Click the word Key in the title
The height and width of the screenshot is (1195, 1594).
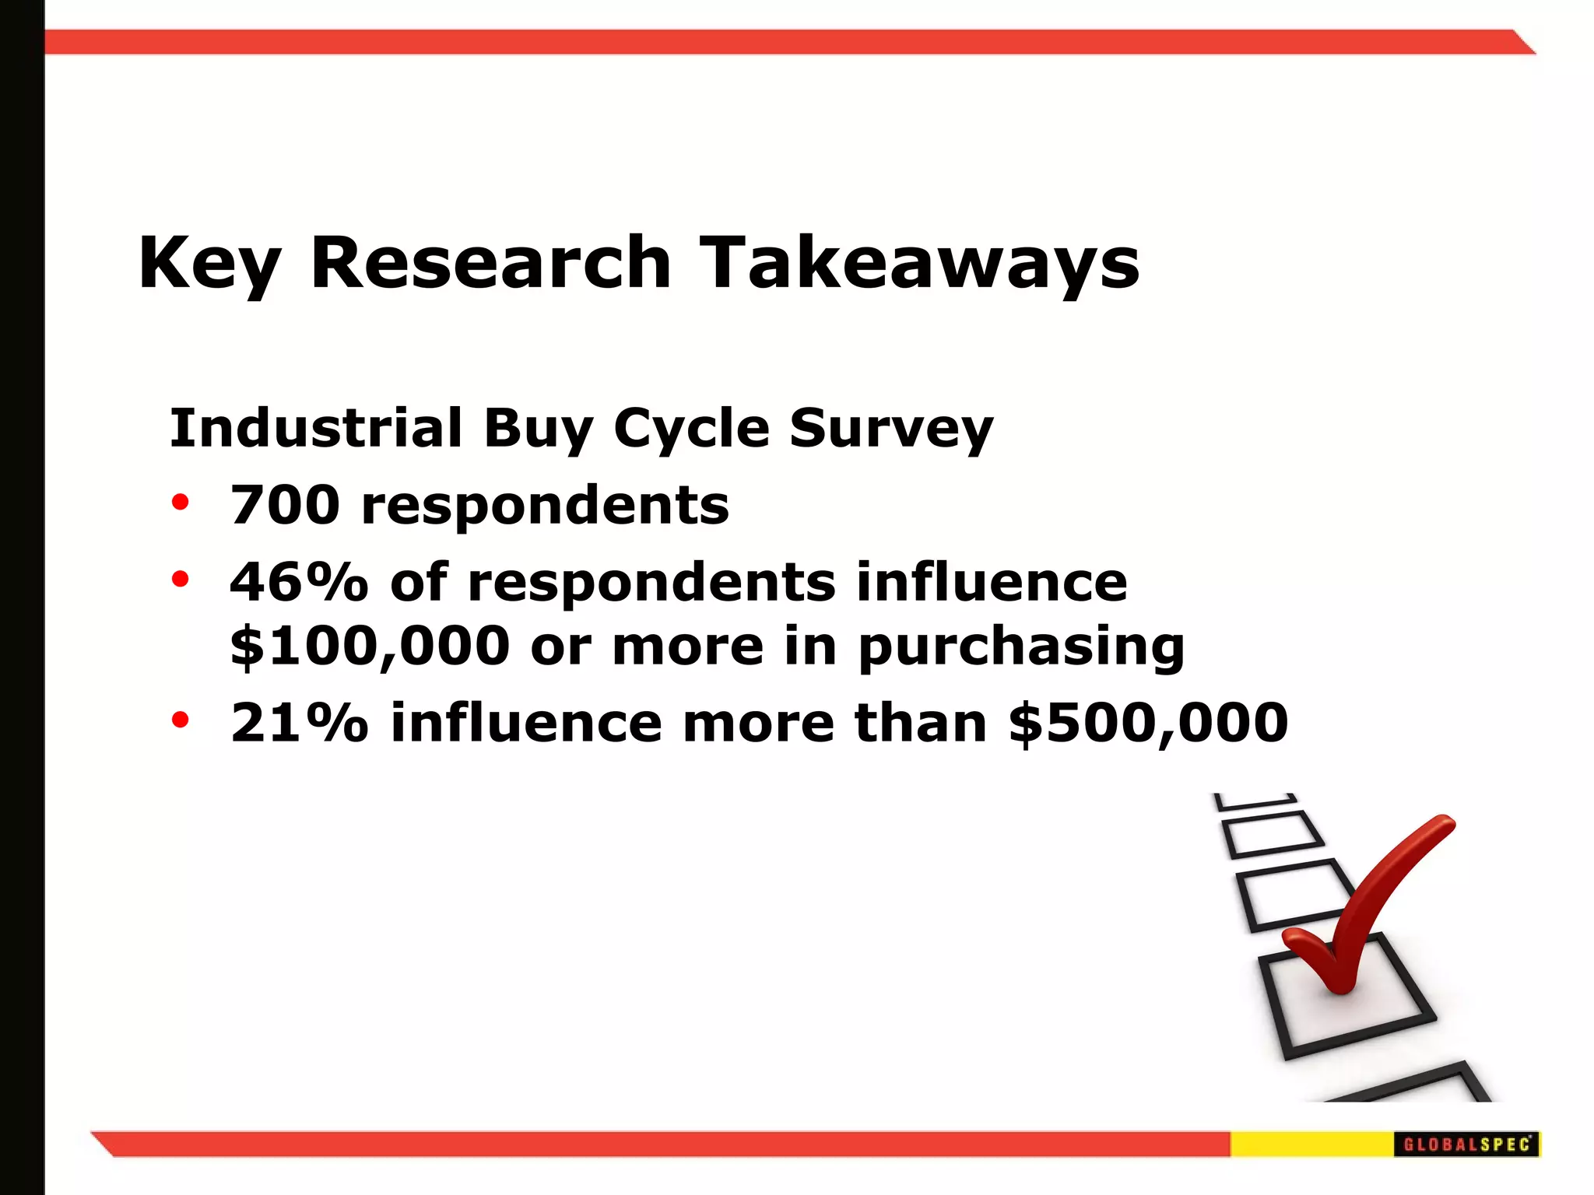tap(209, 263)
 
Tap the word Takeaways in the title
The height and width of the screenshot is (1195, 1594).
tap(918, 263)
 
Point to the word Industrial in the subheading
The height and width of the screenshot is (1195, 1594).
tap(316, 428)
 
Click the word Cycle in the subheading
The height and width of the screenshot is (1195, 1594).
tap(691, 429)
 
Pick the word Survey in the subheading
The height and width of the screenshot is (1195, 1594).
tap(891, 429)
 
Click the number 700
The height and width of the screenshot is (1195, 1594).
tap(285, 505)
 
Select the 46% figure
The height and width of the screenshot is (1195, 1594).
tap(299, 582)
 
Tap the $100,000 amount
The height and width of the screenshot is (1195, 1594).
tap(370, 646)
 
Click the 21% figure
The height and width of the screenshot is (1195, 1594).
tap(299, 722)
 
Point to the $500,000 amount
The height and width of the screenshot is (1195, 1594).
tap(1148, 722)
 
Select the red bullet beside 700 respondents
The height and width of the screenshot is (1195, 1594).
tap(181, 503)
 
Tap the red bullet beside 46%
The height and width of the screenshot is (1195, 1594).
tap(181, 580)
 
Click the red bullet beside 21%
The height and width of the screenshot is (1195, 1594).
tap(181, 720)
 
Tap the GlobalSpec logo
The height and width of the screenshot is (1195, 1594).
tap(1466, 1144)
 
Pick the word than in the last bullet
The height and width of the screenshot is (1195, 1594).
tap(921, 722)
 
